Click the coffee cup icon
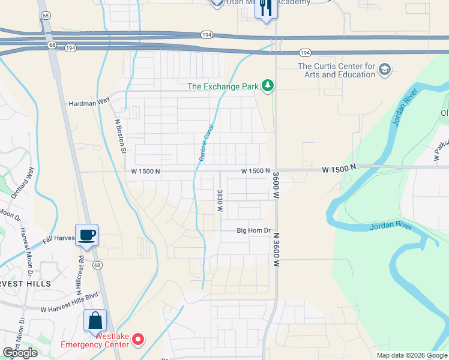tap(86, 235)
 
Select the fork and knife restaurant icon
tap(267, 8)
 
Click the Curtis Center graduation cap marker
tap(385, 70)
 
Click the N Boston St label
tap(120, 135)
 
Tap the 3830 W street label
tap(220, 201)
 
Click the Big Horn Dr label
tap(254, 230)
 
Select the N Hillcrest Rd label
tap(80, 273)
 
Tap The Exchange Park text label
tap(223, 86)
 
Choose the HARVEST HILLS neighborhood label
tap(24, 282)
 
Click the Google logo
tap(19, 353)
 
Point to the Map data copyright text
tap(412, 355)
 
